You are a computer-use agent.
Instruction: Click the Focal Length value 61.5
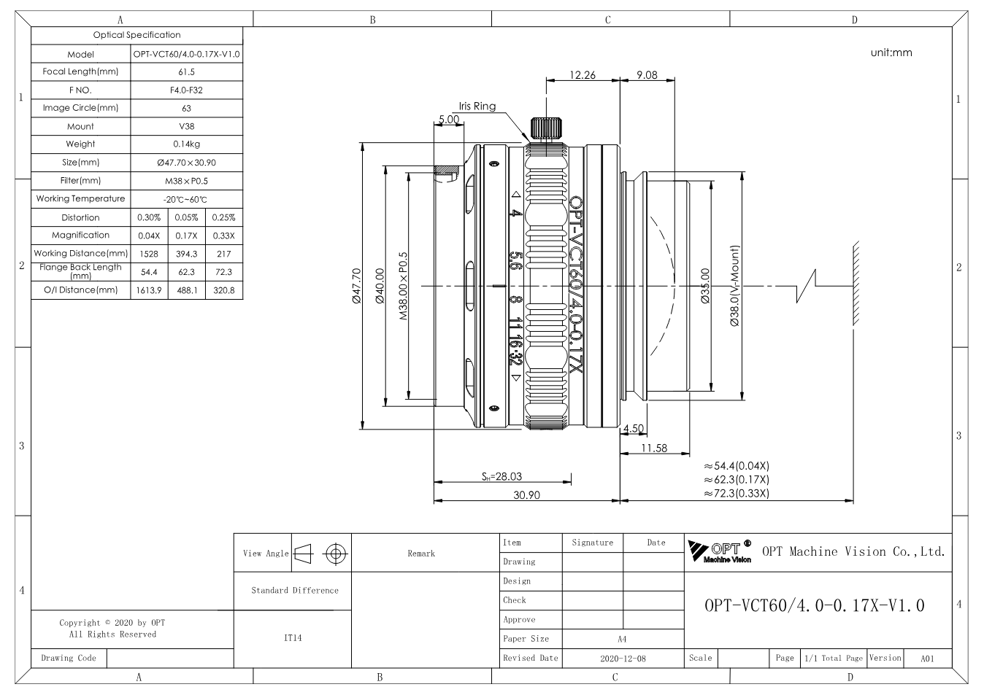click(186, 72)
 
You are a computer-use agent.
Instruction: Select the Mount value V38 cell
click(186, 126)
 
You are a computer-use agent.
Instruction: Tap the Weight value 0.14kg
click(186, 144)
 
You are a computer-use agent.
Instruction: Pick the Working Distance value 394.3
click(186, 254)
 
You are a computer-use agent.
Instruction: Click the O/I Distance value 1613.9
click(149, 290)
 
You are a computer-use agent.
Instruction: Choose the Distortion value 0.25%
click(223, 217)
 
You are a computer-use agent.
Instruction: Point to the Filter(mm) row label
click(80, 180)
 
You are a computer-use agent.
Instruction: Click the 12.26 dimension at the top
click(583, 75)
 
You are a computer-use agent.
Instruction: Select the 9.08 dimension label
click(647, 75)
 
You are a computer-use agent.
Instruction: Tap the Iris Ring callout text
click(477, 106)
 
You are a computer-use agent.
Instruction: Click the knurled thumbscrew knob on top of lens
click(546, 128)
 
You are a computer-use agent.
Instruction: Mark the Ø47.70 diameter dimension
click(357, 286)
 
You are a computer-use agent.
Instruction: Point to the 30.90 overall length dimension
click(526, 495)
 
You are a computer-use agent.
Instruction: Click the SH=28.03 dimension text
click(501, 476)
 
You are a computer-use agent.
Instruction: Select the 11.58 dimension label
click(654, 448)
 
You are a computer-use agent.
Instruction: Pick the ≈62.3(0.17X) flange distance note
click(737, 480)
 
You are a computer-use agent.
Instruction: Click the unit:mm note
click(891, 53)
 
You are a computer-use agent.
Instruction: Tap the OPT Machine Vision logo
click(720, 551)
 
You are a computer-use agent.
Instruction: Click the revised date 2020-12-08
click(623, 659)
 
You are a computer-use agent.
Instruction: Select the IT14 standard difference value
click(293, 638)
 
